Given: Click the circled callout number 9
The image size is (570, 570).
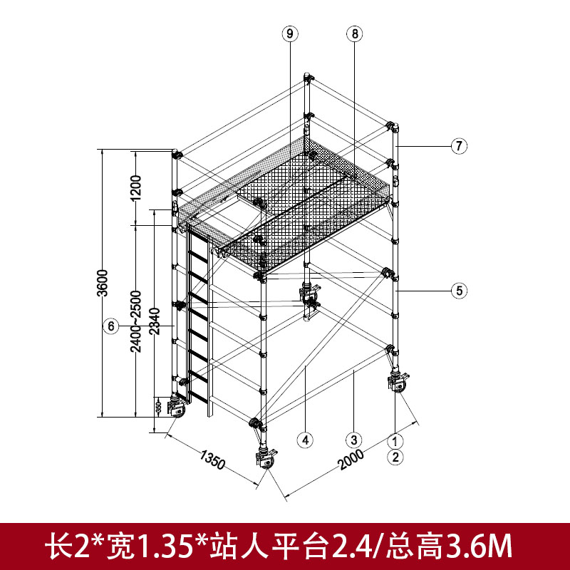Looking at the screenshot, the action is (x=290, y=33).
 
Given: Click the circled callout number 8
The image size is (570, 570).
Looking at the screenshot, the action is (x=354, y=33).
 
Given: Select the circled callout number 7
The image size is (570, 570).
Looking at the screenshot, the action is (x=459, y=146).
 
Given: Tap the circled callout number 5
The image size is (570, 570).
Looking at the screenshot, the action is (x=459, y=291).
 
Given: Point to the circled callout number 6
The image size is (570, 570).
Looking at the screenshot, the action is (x=111, y=326).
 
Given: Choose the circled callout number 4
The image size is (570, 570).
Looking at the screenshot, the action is (x=306, y=440).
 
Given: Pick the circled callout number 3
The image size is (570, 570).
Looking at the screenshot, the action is (x=354, y=440).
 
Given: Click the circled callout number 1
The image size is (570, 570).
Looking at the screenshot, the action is (x=395, y=441).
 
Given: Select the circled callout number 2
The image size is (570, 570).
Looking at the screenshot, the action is (x=395, y=457).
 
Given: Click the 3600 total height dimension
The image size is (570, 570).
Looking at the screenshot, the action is (x=103, y=283).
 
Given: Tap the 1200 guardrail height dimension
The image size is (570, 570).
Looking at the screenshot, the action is (x=135, y=188).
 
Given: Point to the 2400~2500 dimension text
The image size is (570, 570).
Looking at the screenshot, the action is (x=136, y=321).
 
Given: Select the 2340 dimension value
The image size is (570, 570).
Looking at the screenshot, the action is (x=155, y=321).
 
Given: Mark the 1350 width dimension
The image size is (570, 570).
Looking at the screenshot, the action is (x=212, y=460).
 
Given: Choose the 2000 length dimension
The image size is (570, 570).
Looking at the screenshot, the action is (x=351, y=459).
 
